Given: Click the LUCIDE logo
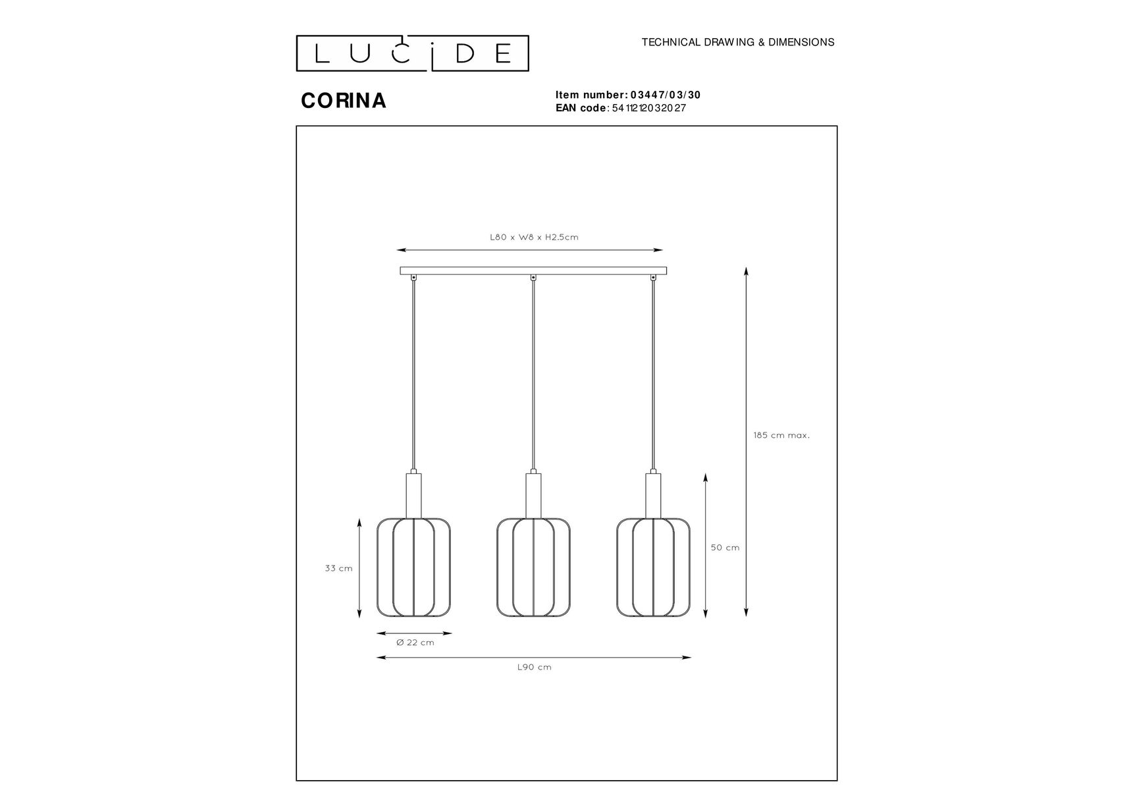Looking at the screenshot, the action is [x=412, y=53].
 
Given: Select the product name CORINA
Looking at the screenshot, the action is [x=344, y=100].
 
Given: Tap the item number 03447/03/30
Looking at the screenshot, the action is [x=666, y=95].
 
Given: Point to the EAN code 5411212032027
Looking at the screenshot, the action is [x=649, y=108].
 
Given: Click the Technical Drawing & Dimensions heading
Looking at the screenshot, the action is [x=738, y=42].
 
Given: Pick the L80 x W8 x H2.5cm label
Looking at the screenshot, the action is [x=534, y=237].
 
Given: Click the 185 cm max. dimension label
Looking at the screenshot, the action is [x=781, y=435].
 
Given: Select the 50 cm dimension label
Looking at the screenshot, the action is [x=725, y=548].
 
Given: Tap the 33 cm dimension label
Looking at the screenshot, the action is [x=338, y=568].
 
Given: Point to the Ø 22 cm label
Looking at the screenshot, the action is [x=415, y=643].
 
